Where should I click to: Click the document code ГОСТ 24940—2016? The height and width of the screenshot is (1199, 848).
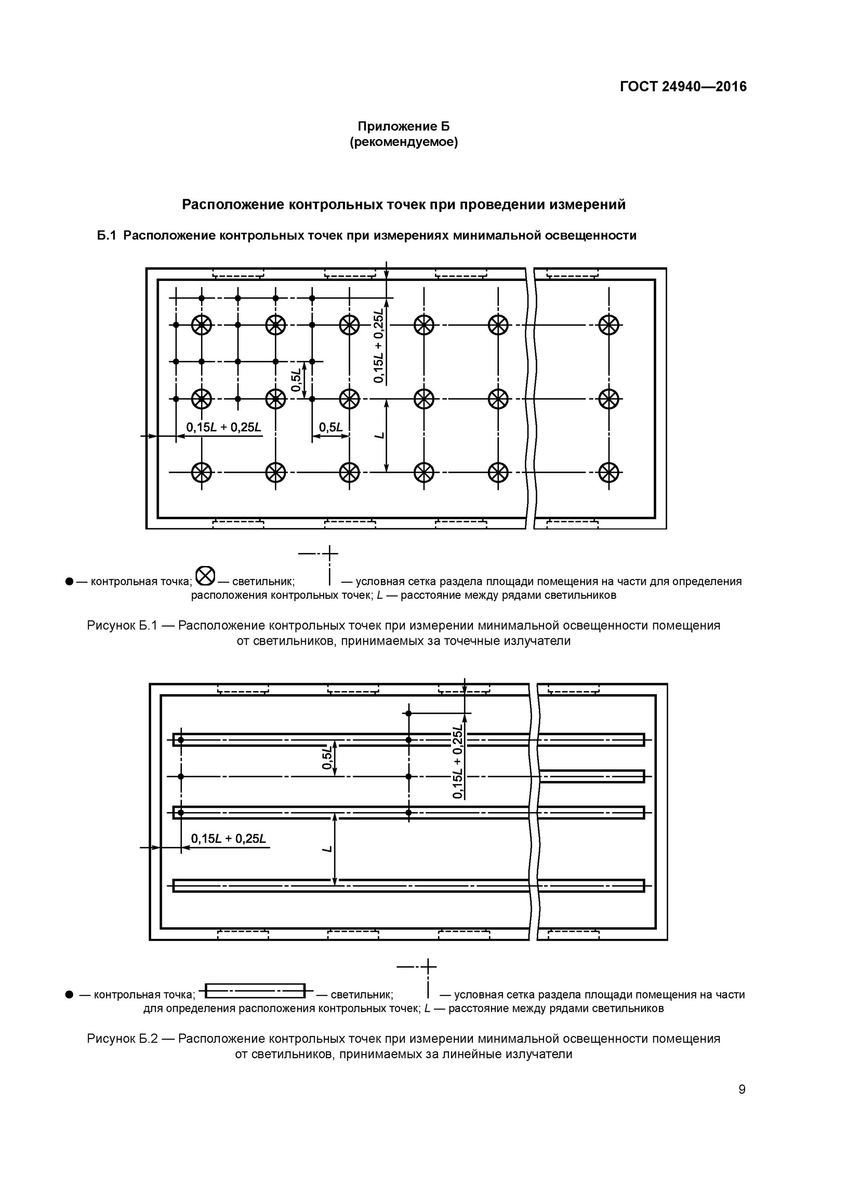click(683, 87)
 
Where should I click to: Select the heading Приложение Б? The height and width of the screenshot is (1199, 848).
click(403, 126)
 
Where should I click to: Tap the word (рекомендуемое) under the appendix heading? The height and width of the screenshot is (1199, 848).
click(403, 142)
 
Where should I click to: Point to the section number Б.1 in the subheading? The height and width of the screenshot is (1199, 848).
click(106, 235)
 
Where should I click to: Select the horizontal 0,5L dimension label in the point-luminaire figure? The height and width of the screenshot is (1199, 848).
click(331, 427)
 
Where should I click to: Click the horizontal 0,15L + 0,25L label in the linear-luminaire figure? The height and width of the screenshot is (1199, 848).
click(228, 839)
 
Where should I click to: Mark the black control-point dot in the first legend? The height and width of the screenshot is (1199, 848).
click(69, 581)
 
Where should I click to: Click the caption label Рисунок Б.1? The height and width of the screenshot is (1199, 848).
click(122, 625)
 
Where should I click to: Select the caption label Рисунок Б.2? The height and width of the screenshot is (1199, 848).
click(122, 1039)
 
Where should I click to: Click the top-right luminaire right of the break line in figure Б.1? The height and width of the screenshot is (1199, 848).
click(608, 325)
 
